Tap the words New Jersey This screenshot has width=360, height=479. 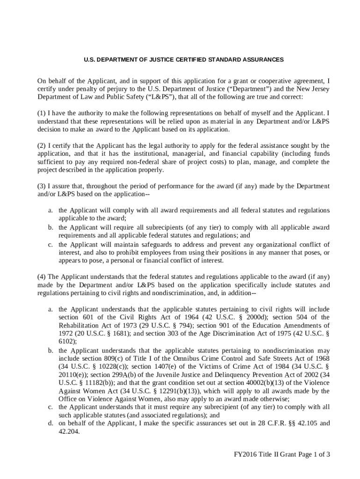point(314,89)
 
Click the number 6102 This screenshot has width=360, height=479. point(67,342)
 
